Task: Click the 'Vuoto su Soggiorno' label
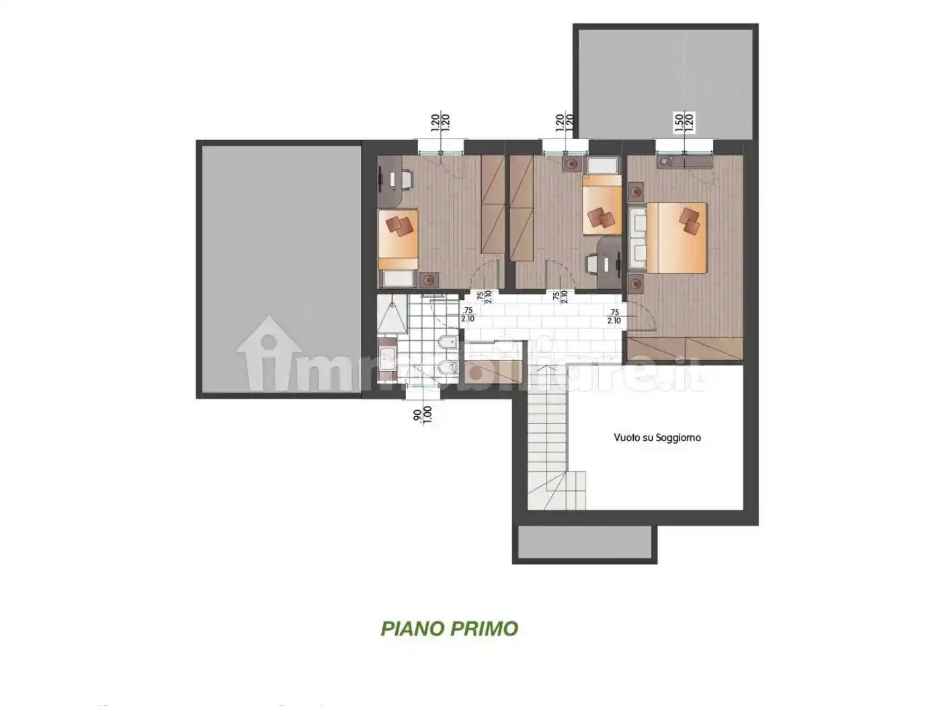coord(657,438)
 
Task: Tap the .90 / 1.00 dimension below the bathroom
coord(422,415)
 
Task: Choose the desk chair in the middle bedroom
coord(592,264)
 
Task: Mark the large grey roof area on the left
coord(280,269)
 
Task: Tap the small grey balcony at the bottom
coord(585,543)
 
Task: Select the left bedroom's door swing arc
coord(485,276)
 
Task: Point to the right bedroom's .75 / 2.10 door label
coord(614,317)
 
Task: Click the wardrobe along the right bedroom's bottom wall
coord(686,349)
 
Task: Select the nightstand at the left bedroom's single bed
coord(427,279)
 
